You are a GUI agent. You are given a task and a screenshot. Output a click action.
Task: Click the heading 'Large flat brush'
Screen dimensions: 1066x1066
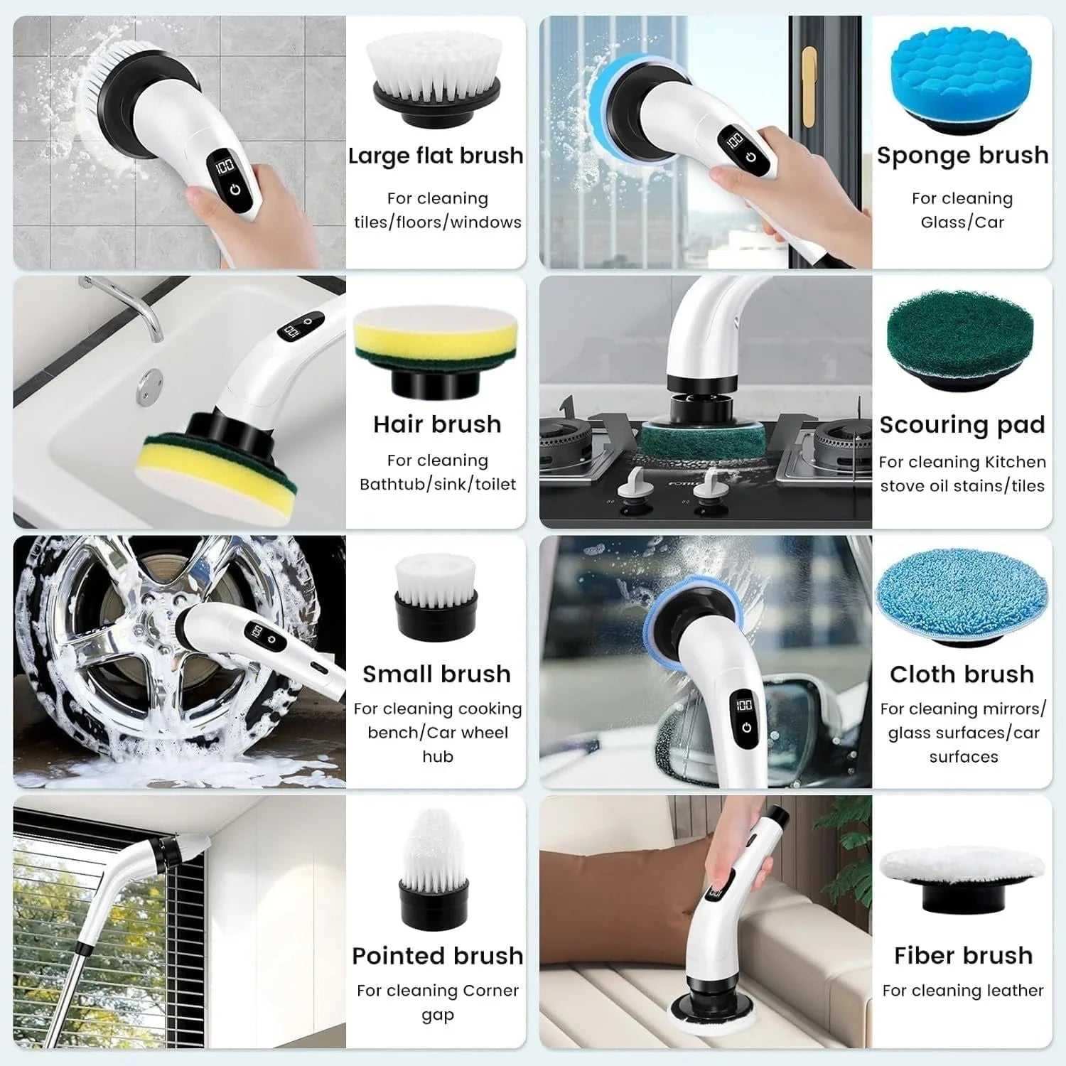(x=436, y=156)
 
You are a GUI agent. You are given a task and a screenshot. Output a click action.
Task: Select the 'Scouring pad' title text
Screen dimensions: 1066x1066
(x=962, y=425)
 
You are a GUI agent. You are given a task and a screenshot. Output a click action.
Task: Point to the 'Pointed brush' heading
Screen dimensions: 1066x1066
(x=437, y=956)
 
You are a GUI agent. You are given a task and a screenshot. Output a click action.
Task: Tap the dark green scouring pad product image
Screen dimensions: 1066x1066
(x=961, y=337)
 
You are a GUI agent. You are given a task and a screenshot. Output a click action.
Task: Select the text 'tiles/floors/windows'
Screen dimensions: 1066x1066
(x=438, y=222)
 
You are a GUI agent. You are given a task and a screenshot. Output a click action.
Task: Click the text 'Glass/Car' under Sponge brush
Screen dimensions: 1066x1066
(x=962, y=222)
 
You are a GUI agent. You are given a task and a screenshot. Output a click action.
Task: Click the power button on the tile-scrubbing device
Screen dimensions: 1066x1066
(x=235, y=190)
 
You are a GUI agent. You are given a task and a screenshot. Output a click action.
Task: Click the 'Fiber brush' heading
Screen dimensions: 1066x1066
(x=963, y=956)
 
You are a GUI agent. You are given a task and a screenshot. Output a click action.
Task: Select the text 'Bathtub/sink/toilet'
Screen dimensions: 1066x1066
(x=438, y=485)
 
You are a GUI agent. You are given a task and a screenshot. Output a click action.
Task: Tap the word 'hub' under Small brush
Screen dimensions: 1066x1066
(x=438, y=757)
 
